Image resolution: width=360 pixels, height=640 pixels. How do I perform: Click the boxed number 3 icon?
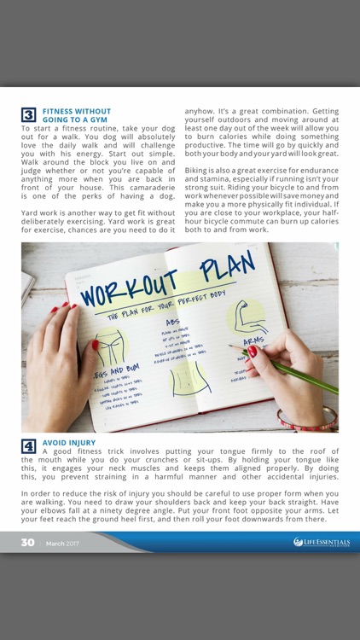[x=28, y=114]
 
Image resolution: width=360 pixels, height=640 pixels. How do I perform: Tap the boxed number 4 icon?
[x=28, y=445]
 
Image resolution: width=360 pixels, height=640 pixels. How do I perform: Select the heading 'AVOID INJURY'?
[x=69, y=442]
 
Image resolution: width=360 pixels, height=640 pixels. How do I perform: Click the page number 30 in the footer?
[x=27, y=543]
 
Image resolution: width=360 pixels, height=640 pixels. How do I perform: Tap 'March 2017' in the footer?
[x=61, y=543]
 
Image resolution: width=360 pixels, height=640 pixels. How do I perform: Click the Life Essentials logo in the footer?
[x=322, y=542]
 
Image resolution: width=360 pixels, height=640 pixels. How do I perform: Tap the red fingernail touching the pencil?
[x=252, y=351]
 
